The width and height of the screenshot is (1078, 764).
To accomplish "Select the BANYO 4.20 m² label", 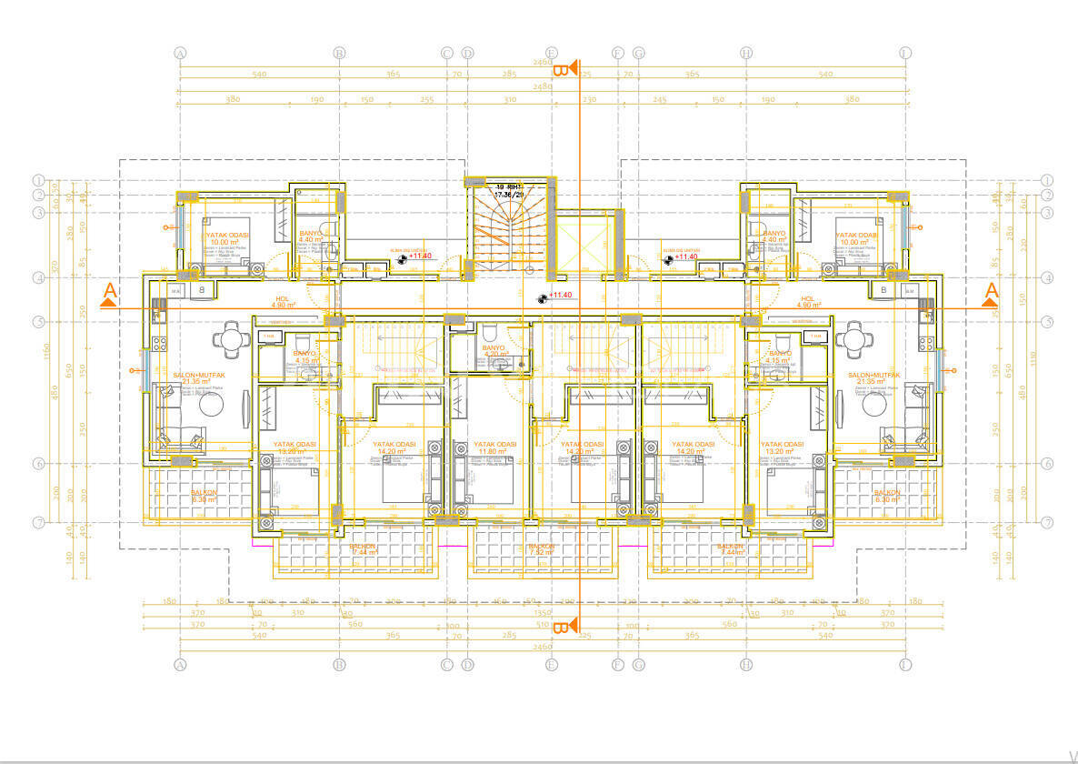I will tap(494, 351).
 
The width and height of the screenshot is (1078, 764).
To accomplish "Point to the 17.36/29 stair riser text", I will tap(508, 194).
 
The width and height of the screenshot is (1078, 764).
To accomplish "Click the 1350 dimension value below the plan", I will tap(543, 614).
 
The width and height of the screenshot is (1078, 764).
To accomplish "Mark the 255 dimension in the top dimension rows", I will tap(426, 99).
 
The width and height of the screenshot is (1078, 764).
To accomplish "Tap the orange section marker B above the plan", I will tap(563, 69).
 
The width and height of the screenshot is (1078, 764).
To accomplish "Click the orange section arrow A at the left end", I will tap(110, 293).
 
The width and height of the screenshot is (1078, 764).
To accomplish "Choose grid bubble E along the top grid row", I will tap(551, 54).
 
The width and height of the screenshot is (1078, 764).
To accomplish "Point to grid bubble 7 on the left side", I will tap(39, 522).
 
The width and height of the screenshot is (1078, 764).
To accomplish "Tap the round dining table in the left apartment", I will tap(228, 341).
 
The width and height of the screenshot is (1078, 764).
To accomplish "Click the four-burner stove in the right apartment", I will tap(926, 344).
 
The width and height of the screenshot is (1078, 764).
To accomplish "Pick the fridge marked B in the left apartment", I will tap(203, 290).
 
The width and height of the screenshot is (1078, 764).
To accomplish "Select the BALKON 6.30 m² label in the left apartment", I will tap(203, 496).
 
